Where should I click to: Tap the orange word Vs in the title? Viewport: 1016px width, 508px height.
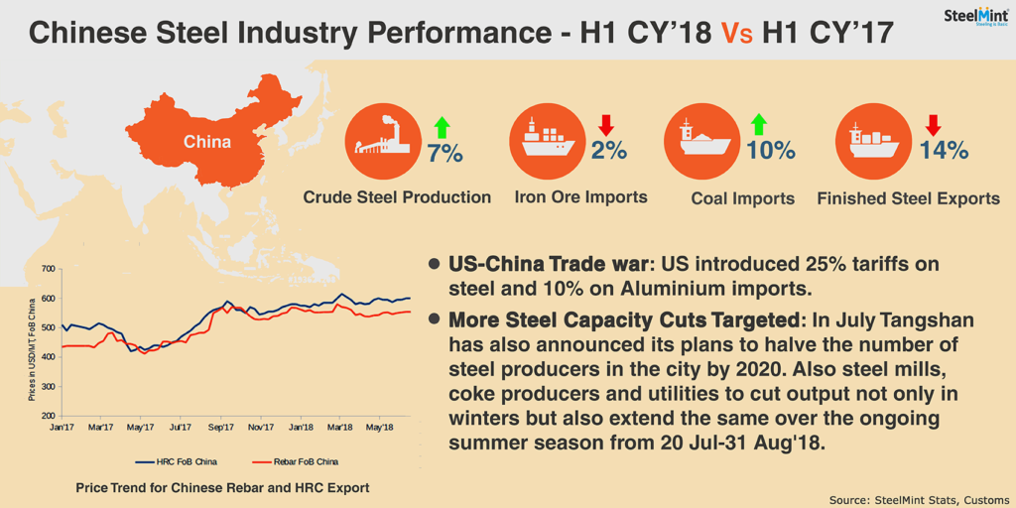click(x=737, y=33)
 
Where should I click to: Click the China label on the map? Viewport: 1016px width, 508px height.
click(x=206, y=141)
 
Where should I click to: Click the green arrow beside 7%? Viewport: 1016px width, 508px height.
click(x=442, y=127)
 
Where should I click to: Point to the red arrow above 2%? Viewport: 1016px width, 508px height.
click(x=606, y=125)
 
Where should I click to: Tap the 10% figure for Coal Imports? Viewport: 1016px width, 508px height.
click(x=770, y=151)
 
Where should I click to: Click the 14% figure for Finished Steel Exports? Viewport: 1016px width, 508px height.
click(x=945, y=151)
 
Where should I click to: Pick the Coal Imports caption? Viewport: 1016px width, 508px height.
click(x=742, y=198)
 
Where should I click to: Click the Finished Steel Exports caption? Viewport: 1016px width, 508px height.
click(x=909, y=198)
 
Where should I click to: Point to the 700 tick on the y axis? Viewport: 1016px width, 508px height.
click(x=49, y=269)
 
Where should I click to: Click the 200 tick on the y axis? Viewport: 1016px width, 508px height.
click(x=49, y=416)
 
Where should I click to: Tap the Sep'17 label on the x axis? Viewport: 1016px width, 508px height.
click(x=221, y=428)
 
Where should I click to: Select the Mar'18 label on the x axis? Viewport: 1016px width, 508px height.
click(x=340, y=428)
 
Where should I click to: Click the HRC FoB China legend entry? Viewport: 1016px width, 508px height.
click(x=177, y=462)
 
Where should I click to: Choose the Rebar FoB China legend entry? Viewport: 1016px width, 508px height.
click(x=294, y=462)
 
